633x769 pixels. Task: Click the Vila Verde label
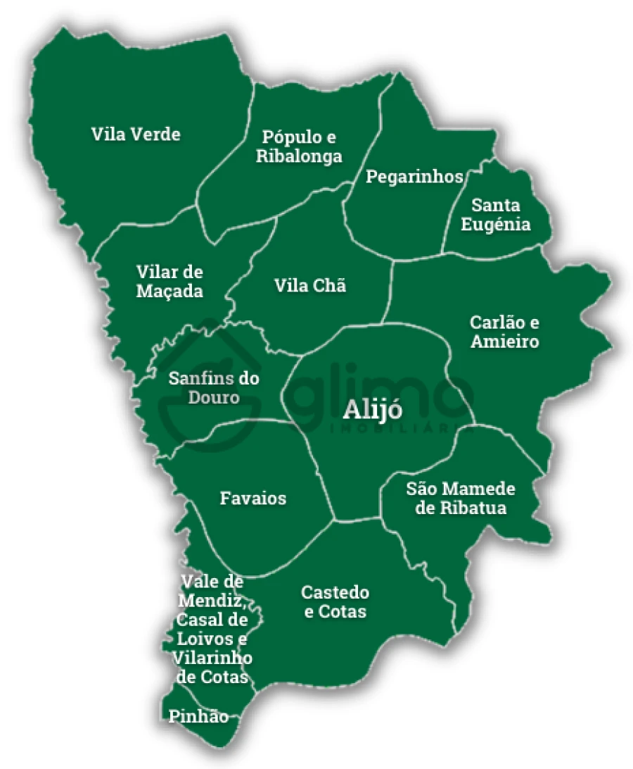[x=136, y=134]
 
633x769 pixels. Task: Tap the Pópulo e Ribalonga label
[x=299, y=146]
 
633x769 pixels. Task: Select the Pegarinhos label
[x=414, y=176]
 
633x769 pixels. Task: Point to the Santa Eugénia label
[x=501, y=215]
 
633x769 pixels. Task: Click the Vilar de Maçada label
[x=170, y=281]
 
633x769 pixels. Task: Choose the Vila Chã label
[x=310, y=286]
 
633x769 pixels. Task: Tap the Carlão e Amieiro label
[x=504, y=332]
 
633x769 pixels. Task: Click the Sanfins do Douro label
[x=214, y=388]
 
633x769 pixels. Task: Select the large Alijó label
[x=372, y=412]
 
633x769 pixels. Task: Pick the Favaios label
[x=253, y=499]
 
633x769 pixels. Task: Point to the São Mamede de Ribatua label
[x=461, y=499]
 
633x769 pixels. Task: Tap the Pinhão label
[x=198, y=717]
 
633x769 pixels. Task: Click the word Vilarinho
[x=212, y=658]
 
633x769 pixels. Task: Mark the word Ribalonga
[x=299, y=156]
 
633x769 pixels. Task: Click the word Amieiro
[x=504, y=342]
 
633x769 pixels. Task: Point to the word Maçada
[x=170, y=291]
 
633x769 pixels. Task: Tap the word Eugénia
[x=501, y=225]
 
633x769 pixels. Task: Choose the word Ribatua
[x=461, y=508]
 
